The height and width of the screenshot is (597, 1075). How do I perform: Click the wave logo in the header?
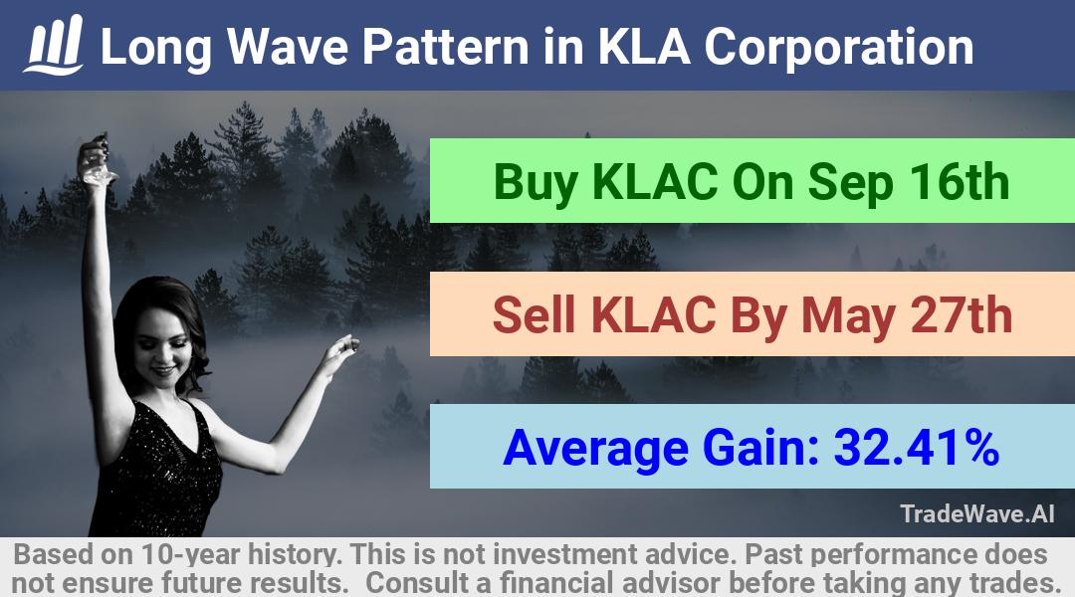(x=54, y=44)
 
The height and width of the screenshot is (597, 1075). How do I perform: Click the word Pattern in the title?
(x=445, y=47)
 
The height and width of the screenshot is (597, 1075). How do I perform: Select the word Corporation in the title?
(x=838, y=48)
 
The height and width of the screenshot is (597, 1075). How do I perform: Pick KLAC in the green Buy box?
(x=655, y=182)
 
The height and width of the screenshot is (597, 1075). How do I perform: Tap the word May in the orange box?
(x=848, y=317)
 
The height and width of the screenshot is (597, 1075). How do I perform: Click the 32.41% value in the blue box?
(x=916, y=447)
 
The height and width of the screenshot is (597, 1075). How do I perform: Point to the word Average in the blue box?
(x=595, y=450)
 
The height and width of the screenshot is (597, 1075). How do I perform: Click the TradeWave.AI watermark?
(x=977, y=513)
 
